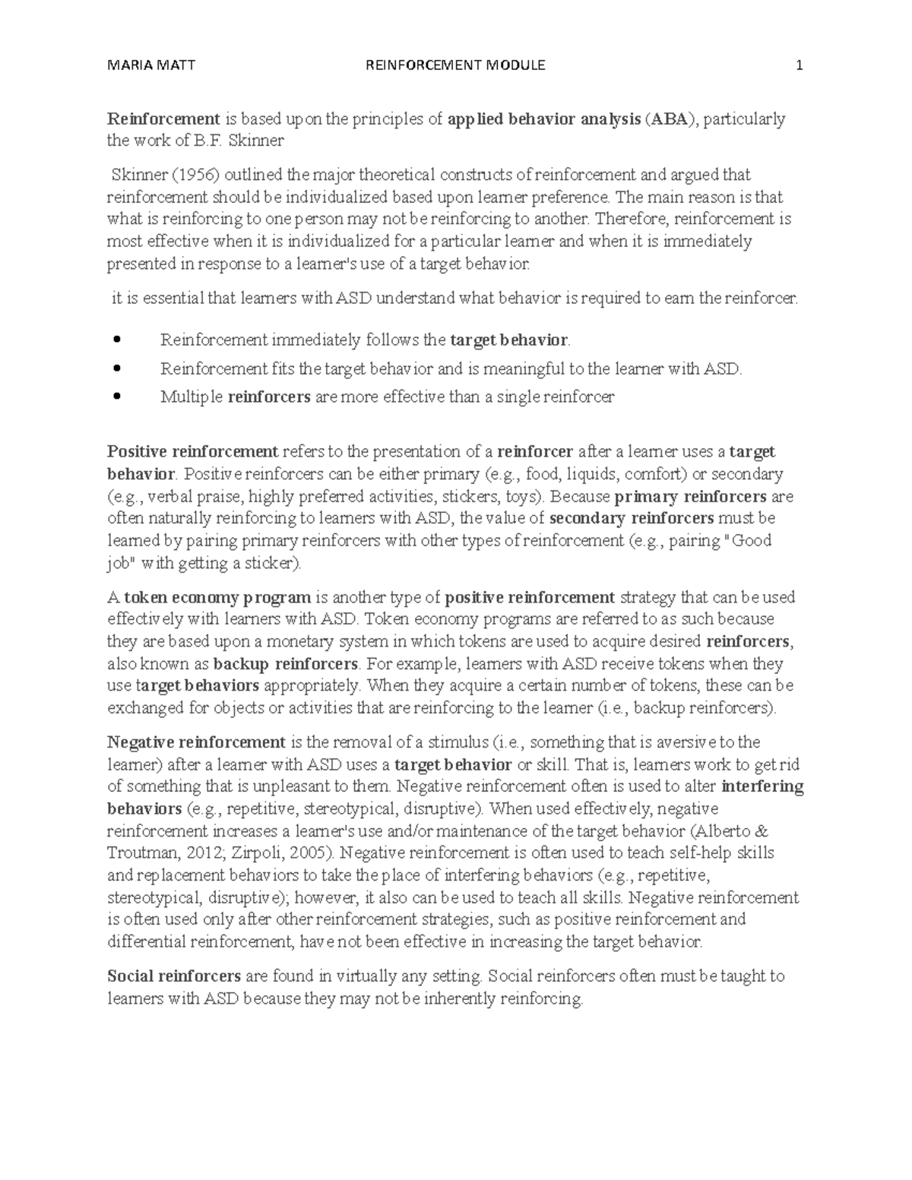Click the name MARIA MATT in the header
(151, 65)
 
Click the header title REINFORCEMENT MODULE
(455, 65)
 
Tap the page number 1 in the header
(799, 65)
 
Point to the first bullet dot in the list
(116, 340)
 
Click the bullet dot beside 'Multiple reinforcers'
(116, 396)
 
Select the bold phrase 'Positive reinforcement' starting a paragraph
(192, 452)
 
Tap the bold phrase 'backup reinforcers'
(285, 664)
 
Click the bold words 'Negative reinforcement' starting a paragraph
(196, 742)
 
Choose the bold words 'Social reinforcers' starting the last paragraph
(174, 976)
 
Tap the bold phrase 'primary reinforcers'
(690, 497)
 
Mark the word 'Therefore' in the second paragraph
(629, 220)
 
